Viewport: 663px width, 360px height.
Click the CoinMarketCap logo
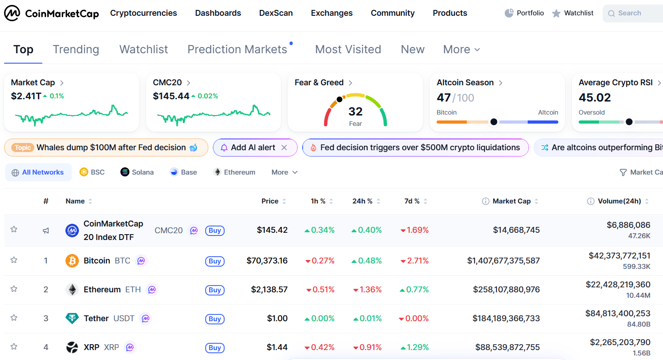[51, 14]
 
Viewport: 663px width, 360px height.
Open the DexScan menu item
[276, 13]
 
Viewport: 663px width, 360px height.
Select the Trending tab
[76, 49]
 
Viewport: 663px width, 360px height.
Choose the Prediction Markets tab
[237, 49]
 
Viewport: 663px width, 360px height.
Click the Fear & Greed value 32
[355, 111]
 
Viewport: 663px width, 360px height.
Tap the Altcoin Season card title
[465, 83]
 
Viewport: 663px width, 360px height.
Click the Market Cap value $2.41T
[26, 96]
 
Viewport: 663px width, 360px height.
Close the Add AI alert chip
[284, 148]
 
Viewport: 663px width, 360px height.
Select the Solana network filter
[137, 172]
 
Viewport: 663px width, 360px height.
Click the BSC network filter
[92, 172]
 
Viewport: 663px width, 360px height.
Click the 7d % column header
[412, 201]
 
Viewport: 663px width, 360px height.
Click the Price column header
[270, 201]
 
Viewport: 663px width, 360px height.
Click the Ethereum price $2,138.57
[269, 290]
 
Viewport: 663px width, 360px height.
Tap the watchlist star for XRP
[14, 346]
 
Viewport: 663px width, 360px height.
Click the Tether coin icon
[72, 318]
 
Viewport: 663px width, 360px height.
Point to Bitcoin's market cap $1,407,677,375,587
[503, 261]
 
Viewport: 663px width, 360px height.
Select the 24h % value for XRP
[367, 347]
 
